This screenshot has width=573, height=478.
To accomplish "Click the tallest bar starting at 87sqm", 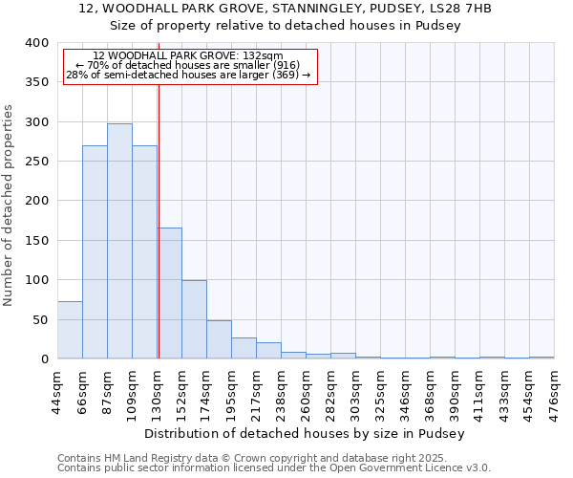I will point(119,241).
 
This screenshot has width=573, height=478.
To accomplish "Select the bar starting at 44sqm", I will point(70,330).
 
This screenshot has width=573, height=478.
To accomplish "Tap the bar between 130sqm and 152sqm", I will point(169,293).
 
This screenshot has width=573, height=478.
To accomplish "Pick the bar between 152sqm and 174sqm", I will point(194,319).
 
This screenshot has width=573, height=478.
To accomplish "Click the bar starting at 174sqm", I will point(219,339).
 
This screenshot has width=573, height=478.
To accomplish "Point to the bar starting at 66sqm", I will point(95,252).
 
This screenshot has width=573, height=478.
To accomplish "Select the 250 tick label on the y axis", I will point(36,162).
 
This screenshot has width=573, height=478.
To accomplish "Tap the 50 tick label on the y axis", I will point(40,319).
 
